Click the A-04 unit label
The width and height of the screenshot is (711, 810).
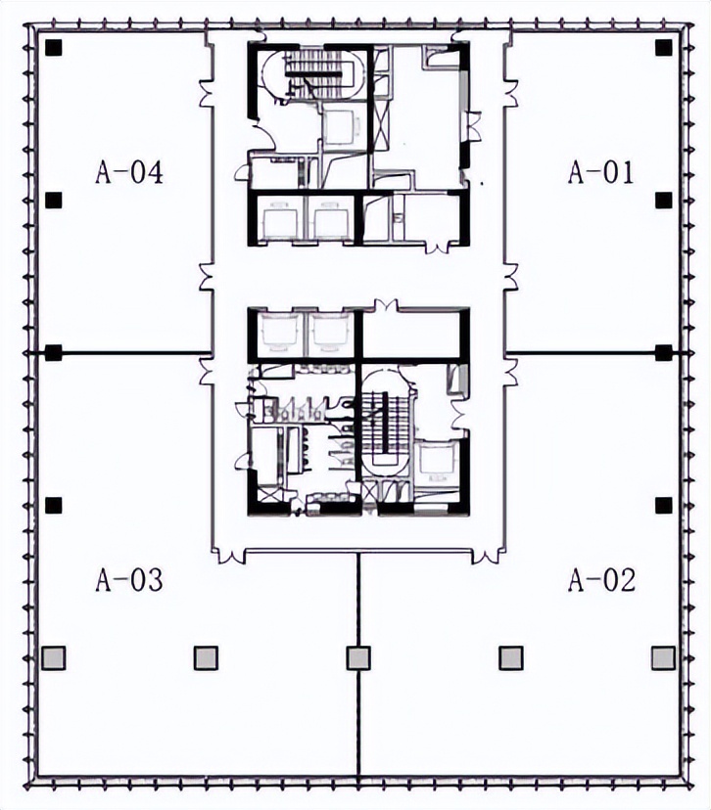tap(129, 172)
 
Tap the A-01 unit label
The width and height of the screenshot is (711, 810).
tap(601, 172)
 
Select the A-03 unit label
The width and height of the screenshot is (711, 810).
tap(129, 579)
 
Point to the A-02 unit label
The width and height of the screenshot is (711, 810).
tap(602, 579)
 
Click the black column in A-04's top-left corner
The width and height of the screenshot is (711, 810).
tap(53, 48)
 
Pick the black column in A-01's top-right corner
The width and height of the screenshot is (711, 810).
tap(663, 48)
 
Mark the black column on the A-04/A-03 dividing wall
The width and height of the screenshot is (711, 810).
tap(53, 353)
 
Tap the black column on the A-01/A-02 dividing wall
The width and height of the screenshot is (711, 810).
tap(663, 353)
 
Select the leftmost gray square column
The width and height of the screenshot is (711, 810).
tap(53, 658)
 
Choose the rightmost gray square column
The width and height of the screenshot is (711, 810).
tap(663, 658)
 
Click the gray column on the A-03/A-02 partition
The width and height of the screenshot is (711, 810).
tap(358, 658)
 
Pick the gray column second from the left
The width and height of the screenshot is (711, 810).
tap(206, 658)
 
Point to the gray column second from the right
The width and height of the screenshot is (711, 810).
tap(511, 658)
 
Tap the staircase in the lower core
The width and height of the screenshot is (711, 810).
tap(386, 423)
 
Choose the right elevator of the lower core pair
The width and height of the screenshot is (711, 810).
tap(331, 334)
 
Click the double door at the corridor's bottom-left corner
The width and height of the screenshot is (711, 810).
tap(230, 557)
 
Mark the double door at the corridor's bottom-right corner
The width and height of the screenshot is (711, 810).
tap(486, 557)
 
